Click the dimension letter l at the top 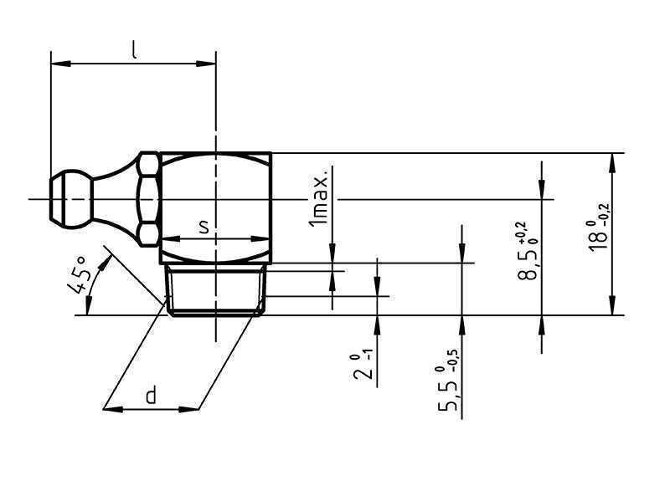(134, 50)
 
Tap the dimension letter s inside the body (204, 227)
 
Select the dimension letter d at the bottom (151, 395)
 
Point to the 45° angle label (78, 275)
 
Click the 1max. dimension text (318, 197)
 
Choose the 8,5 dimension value (527, 264)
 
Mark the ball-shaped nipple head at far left (71, 199)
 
